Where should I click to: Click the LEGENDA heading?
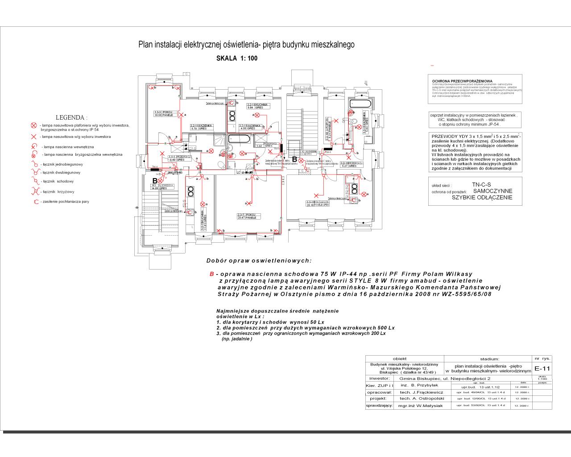[x=71, y=117]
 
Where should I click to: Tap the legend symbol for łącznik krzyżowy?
[x=33, y=191]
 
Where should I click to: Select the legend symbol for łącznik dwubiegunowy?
[x=33, y=172]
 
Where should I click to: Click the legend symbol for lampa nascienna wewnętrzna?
[x=33, y=146]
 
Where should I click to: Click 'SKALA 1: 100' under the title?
[x=236, y=58]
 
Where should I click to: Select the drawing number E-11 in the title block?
[x=542, y=368]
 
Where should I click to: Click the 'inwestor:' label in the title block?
[x=380, y=378]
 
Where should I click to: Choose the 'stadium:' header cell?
[x=489, y=358]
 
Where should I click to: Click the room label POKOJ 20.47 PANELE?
[x=247, y=216]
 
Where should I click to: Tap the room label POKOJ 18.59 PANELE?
[x=163, y=113]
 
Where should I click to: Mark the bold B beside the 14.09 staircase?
[x=155, y=180]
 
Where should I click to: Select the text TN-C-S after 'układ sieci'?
[x=481, y=184]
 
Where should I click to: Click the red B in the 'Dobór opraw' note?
[x=211, y=274]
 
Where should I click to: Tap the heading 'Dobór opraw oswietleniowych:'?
[x=259, y=261]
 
